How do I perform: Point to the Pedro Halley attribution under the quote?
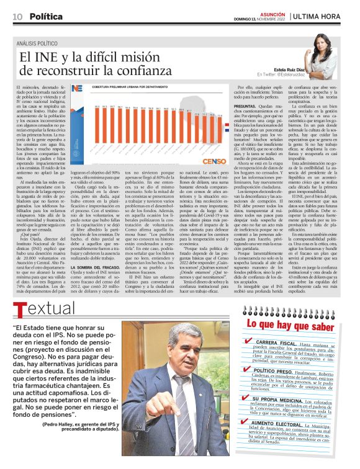coord(79,444)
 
